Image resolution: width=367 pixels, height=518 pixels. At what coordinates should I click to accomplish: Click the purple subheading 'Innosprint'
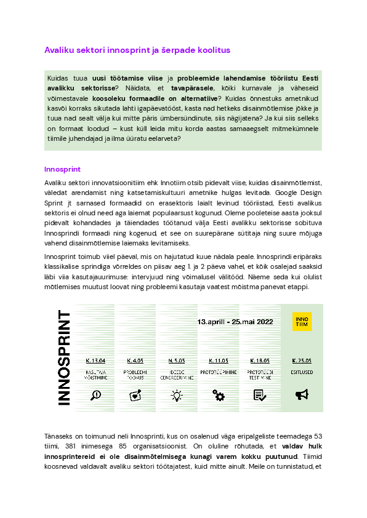tap(62, 169)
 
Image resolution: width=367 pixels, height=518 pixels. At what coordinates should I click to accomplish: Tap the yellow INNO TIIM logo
tap(302, 322)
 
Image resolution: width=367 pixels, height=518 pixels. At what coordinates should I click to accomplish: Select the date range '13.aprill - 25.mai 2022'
tap(236, 322)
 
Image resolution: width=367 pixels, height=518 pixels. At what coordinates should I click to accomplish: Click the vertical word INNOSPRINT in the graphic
tap(63, 357)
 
